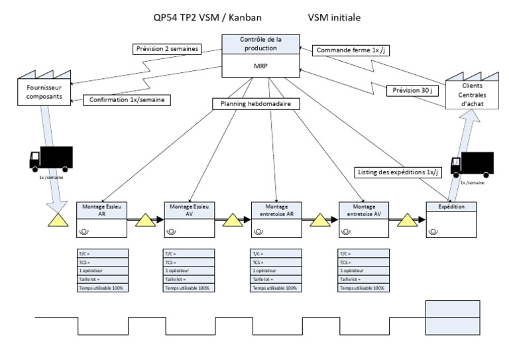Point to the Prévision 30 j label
410,91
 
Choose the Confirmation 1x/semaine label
126,100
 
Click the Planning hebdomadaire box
254,103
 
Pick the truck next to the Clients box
472,163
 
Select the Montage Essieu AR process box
101,219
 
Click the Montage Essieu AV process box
188,219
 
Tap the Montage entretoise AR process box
276,219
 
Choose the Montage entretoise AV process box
363,219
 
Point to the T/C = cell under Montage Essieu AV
188,253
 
